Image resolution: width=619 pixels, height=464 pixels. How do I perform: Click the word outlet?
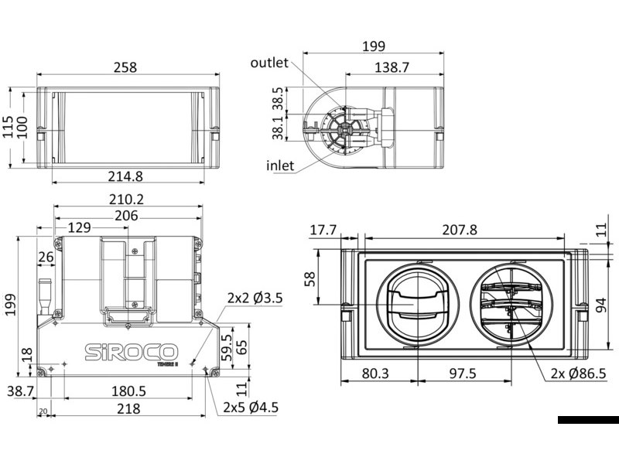(x=269, y=63)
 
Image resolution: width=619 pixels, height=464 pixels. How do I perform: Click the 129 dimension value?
(x=80, y=227)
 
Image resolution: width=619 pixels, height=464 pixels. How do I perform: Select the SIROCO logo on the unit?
(x=130, y=350)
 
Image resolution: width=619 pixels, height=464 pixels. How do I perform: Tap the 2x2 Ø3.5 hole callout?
(x=255, y=297)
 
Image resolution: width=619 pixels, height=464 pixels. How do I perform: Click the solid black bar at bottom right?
(x=587, y=420)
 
